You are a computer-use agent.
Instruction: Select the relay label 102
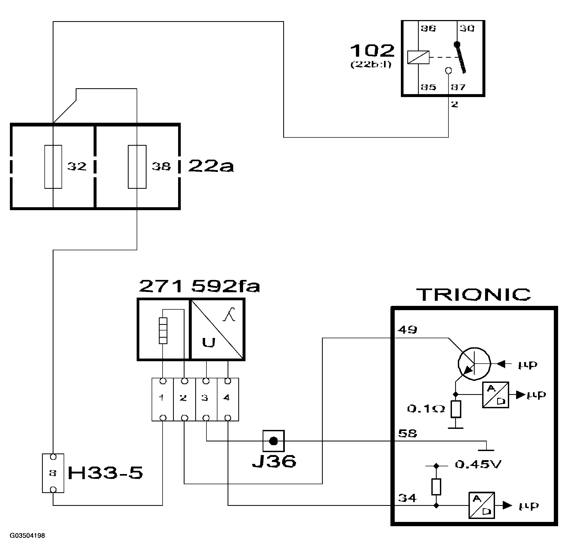(372, 51)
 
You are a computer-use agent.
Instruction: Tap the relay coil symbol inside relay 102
(418, 57)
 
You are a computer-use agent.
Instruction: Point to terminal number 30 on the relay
(466, 28)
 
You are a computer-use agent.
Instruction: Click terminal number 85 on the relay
(428, 87)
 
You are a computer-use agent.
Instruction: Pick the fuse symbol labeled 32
(53, 167)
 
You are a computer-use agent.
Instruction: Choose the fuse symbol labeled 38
(137, 167)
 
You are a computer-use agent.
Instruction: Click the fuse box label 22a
(211, 166)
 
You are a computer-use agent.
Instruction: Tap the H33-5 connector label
(105, 473)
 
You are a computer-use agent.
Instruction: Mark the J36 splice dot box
(274, 441)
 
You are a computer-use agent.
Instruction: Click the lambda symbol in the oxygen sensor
(229, 314)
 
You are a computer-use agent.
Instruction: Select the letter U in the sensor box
(209, 342)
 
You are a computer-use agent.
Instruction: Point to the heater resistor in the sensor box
(163, 330)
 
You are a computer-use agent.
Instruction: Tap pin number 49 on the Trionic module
(407, 330)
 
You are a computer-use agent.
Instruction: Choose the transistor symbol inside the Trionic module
(474, 364)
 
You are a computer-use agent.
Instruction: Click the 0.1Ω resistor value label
(426, 409)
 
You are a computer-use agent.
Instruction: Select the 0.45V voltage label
(478, 464)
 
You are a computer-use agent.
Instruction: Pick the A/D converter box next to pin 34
(482, 505)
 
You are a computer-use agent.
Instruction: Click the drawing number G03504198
(27, 536)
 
